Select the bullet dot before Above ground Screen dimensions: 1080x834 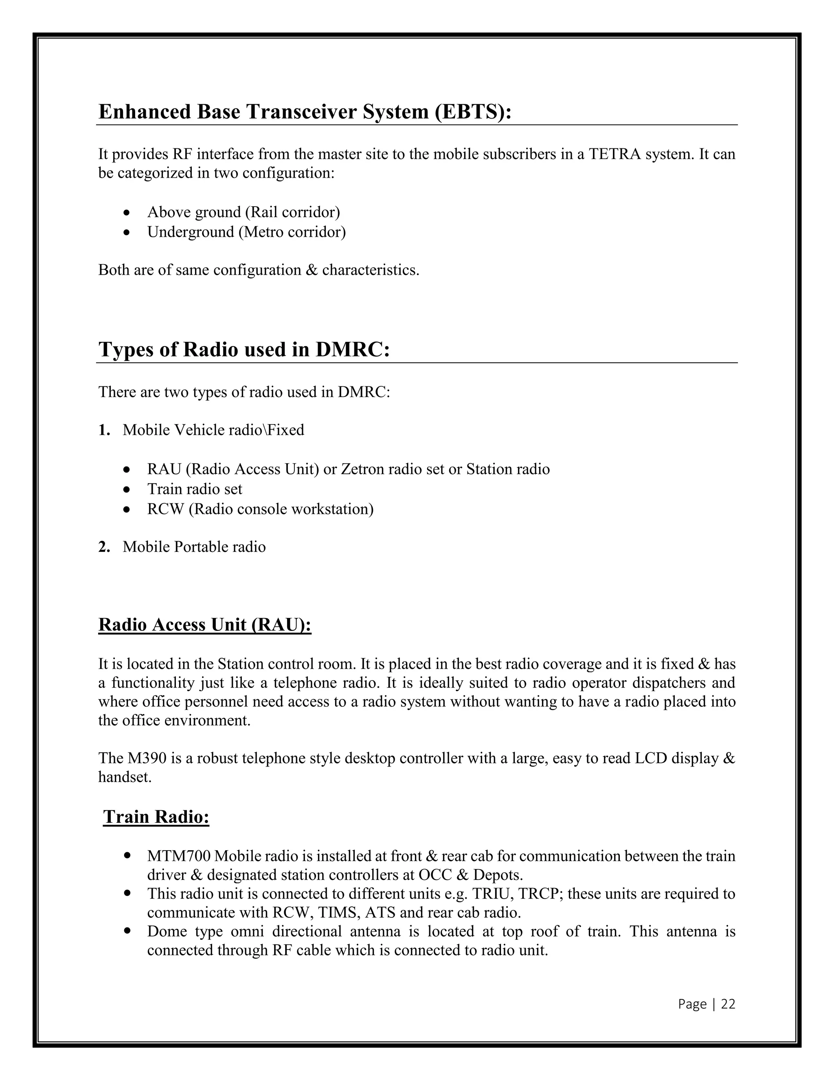[127, 213]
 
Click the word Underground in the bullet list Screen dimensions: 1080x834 [190, 232]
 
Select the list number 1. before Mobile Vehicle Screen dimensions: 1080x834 [104, 430]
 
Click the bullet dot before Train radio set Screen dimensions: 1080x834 [127, 489]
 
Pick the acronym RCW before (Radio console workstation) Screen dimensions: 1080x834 [165, 509]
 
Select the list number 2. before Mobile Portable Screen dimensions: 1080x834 [104, 547]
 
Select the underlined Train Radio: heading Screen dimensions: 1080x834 [156, 816]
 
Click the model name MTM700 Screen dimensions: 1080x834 [179, 855]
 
